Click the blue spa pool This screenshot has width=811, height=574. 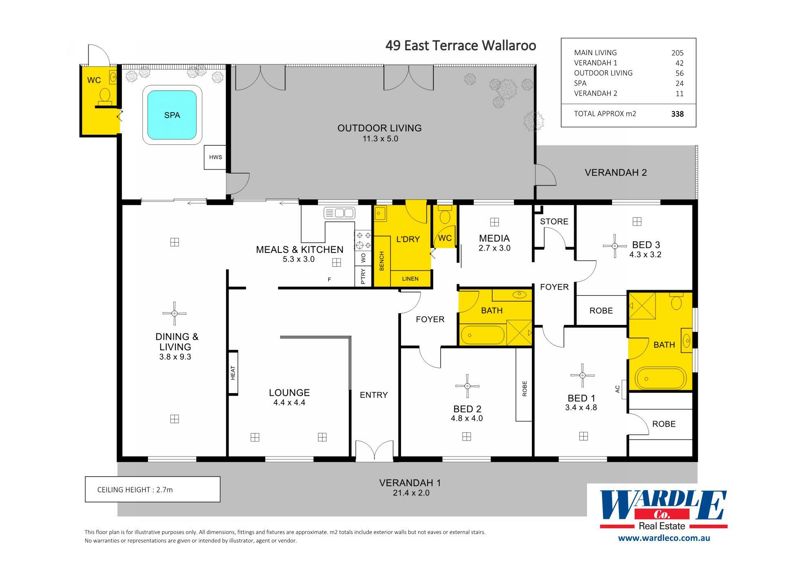tap(172, 115)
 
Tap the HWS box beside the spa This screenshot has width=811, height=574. tap(215, 157)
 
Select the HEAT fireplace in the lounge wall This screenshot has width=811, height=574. tap(233, 373)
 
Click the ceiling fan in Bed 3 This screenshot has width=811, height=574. tap(615, 246)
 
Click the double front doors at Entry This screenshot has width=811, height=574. tap(374, 451)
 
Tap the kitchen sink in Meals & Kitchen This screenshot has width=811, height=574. tap(339, 213)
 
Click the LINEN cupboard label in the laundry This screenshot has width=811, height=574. tap(410, 279)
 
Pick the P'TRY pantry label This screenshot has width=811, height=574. tap(363, 276)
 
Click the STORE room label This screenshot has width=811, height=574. tap(554, 221)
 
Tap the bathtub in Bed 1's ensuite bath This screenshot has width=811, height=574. tap(660, 378)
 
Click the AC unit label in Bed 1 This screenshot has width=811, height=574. tap(618, 389)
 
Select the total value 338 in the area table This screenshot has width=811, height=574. tap(677, 114)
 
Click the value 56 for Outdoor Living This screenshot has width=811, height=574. tap(679, 73)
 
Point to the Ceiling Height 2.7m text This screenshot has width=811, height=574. tap(135, 490)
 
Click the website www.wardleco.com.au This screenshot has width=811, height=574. tap(664, 538)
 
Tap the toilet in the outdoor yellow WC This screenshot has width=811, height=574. tap(105, 95)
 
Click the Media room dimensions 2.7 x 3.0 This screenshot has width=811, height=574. tap(494, 248)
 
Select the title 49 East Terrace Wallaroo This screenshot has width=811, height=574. tap(461, 45)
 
